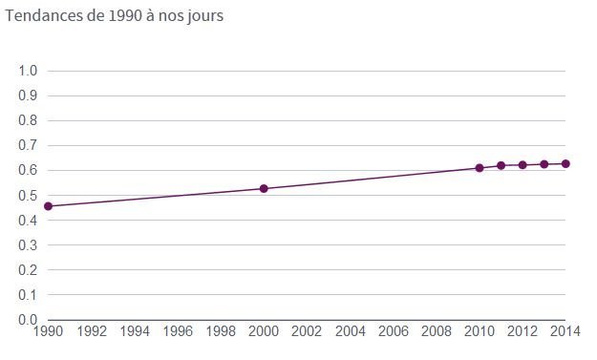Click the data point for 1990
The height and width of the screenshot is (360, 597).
48,206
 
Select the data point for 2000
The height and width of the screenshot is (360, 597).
264,188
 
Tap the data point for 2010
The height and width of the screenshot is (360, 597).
480,168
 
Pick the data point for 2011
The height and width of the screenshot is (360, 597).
501,165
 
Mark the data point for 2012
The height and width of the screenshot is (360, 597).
522,165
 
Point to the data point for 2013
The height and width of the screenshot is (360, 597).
544,164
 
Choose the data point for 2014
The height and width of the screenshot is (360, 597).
565,164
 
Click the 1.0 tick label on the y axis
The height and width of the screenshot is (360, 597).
28,71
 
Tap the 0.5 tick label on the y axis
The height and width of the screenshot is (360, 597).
28,195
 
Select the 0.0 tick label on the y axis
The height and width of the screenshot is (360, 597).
28,319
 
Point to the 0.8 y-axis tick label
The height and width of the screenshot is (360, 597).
28,120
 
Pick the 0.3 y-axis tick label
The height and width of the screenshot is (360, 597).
28,244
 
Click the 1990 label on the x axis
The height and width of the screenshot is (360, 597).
48,331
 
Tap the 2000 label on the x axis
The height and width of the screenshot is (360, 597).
264,331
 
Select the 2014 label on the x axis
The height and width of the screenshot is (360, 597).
565,331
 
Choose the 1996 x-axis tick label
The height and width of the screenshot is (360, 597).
178,331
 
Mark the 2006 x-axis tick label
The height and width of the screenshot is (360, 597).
394,331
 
